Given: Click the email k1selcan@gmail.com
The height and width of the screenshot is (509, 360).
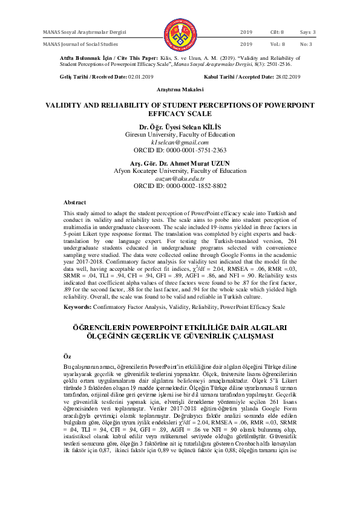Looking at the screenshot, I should [180, 141].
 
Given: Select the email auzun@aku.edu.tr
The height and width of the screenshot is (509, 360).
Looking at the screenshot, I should [180, 178].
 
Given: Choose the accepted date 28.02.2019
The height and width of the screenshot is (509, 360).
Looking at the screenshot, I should [287, 77].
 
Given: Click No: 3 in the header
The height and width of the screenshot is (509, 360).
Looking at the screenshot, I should [307, 44].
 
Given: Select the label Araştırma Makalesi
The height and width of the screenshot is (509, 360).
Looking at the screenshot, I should [180, 89].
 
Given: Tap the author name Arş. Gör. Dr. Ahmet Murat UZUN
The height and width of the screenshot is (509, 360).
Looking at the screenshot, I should [180, 163].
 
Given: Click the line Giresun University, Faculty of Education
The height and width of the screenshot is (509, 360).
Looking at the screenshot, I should [180, 134].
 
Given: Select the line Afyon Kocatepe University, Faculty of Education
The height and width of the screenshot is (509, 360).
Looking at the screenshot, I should [180, 170].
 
